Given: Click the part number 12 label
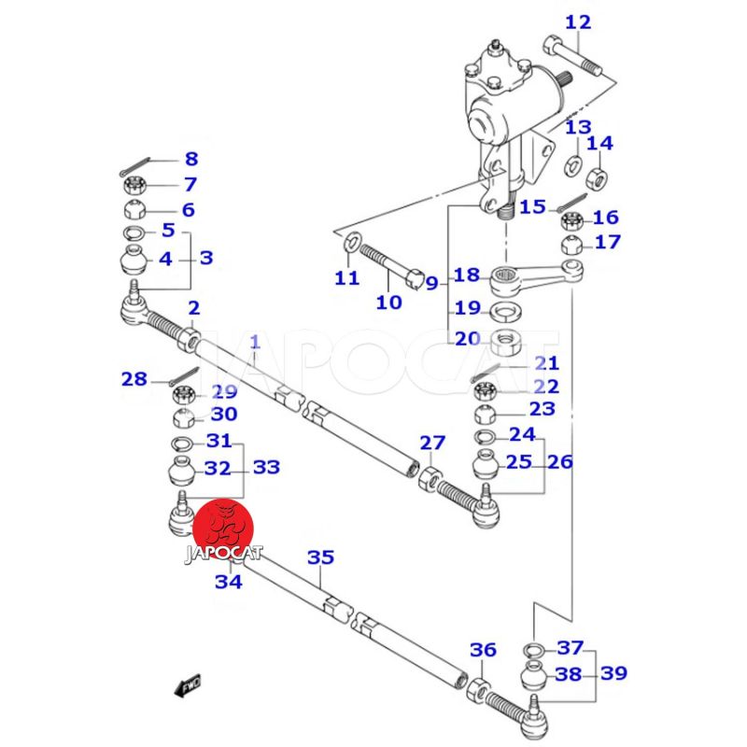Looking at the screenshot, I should pos(578,21).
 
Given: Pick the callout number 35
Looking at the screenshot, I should pos(320,557).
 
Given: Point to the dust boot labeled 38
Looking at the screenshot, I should pos(532,674).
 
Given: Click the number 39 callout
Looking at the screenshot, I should pos(613,673).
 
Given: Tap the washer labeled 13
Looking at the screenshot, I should pos(571,166).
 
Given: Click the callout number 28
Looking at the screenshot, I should pos(134,378).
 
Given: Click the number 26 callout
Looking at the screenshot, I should pos(560,461).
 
